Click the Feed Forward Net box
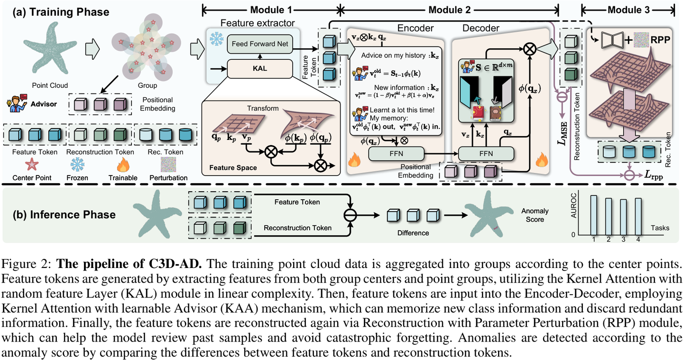point(260,44)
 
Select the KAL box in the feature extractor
point(260,68)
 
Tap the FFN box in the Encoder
point(396,154)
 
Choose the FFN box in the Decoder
point(486,154)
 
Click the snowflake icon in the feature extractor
point(216,39)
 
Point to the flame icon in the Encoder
point(354,159)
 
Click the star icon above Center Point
point(32,165)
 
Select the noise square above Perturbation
point(168,165)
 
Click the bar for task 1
point(593,215)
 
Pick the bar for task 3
point(623,217)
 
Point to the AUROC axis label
point(573,205)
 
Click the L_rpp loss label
point(653,175)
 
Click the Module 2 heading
point(450,10)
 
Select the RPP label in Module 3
point(660,40)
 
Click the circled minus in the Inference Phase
point(350,215)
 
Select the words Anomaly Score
point(535,215)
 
